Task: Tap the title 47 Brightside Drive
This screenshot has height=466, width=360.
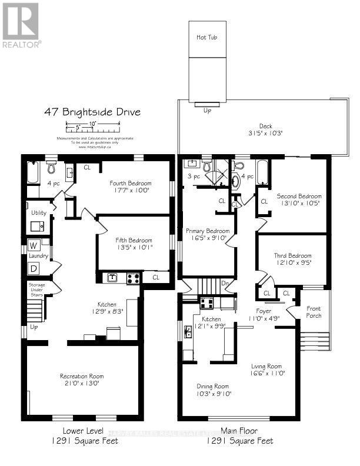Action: coord(92,112)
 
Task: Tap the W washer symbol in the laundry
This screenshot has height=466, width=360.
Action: coord(33,245)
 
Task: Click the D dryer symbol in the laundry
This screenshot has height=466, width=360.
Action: coord(33,268)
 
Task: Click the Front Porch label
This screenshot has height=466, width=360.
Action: coord(314,311)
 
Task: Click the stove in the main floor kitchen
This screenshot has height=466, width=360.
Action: coord(207,303)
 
